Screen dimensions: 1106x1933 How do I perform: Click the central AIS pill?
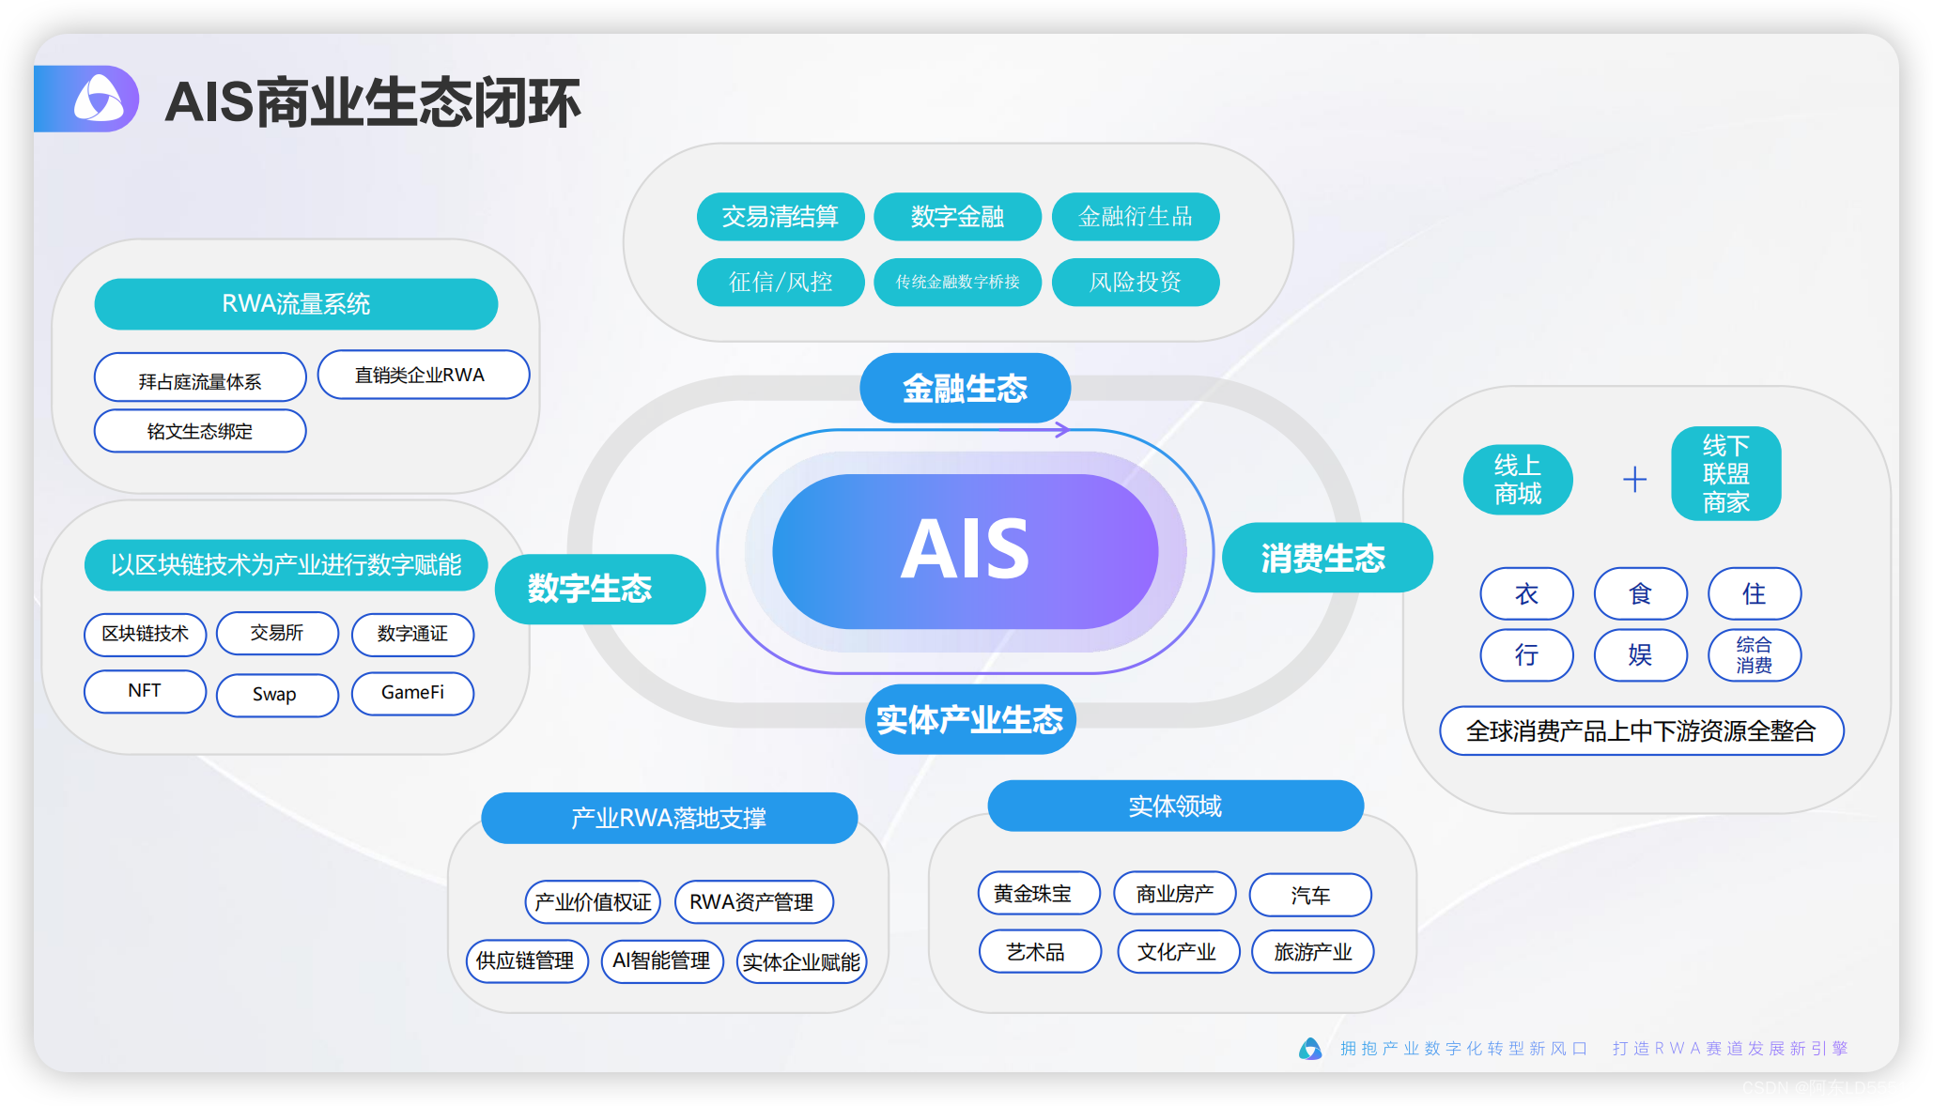pyautogui.click(x=965, y=551)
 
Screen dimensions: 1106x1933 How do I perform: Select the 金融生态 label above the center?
pyautogui.click(x=965, y=388)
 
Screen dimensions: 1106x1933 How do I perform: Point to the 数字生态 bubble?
pyautogui.click(x=599, y=589)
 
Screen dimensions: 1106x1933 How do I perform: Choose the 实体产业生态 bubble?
pyautogui.click(x=969, y=719)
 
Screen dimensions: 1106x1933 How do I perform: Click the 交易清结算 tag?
pyautogui.click(x=780, y=217)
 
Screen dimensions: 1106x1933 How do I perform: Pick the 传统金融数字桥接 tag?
pyautogui.click(x=957, y=282)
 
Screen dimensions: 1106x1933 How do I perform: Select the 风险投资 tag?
pyautogui.click(x=1135, y=282)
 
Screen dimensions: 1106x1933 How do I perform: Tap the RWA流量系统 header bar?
pyautogui.click(x=296, y=303)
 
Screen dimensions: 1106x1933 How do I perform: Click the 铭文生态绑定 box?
pyautogui.click(x=200, y=431)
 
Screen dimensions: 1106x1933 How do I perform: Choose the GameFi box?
pyautogui.click(x=412, y=693)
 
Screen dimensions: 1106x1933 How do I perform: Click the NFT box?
pyautogui.click(x=145, y=691)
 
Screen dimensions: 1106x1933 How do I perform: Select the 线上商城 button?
pyautogui.click(x=1517, y=480)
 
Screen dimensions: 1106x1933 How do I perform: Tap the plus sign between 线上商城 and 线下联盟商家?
pyautogui.click(x=1634, y=480)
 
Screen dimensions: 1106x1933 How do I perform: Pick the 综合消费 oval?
pyautogui.click(x=1754, y=654)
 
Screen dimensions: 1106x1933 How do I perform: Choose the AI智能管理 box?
pyautogui.click(x=661, y=960)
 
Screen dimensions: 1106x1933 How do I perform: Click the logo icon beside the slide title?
pyautogui.click(x=99, y=100)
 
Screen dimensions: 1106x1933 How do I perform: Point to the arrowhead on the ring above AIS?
pyautogui.click(x=1062, y=429)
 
